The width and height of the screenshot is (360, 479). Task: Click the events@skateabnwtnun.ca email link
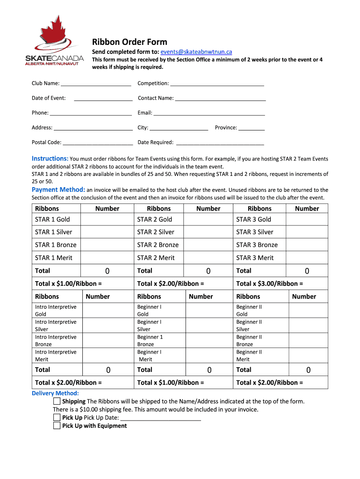[x=196, y=52]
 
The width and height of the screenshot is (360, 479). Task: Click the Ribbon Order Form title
[x=129, y=42]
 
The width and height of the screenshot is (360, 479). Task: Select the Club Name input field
[x=96, y=84]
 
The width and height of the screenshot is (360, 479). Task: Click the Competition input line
[x=217, y=84]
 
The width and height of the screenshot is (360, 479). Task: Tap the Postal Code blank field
[x=98, y=143]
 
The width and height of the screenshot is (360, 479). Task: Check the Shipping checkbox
[x=57, y=401]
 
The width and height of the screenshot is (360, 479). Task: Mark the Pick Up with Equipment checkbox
[x=57, y=426]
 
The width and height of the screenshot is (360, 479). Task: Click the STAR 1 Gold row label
[x=52, y=219]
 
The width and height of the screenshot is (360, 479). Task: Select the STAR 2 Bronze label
[x=158, y=245]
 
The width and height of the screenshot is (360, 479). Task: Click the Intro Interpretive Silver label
[x=56, y=326]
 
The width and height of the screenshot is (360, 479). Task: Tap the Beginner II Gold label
[x=249, y=311]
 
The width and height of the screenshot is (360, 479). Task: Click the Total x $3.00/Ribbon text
[x=269, y=283]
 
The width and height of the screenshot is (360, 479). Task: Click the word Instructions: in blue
[x=50, y=159]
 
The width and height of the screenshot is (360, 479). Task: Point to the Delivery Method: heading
[x=55, y=393]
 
